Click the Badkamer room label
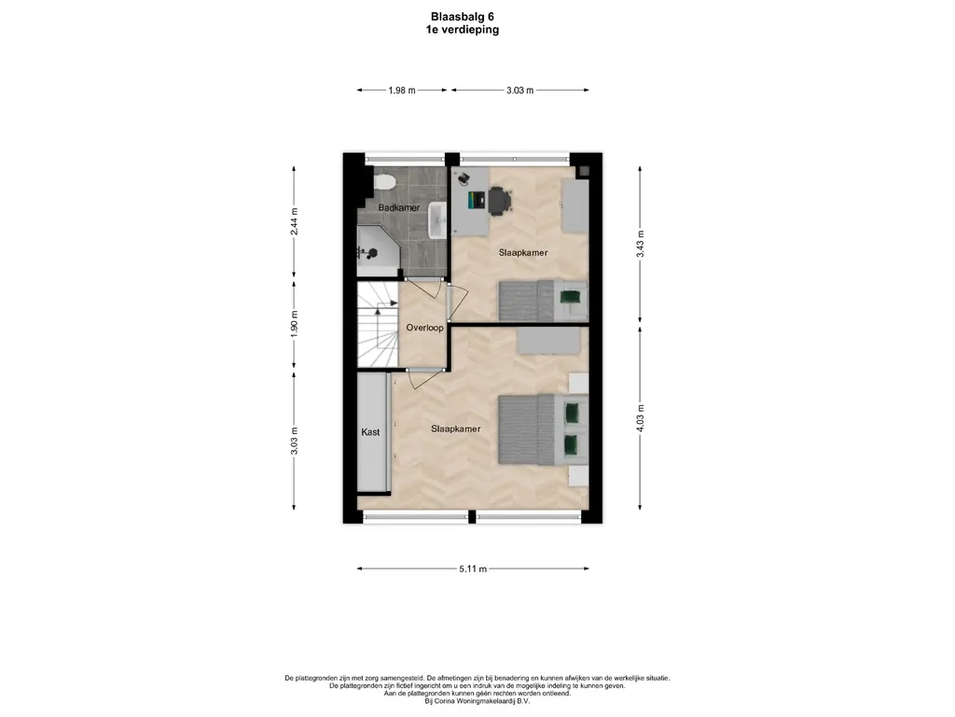point(399,207)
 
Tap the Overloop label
point(424,328)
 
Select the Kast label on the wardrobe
point(370,431)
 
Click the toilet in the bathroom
point(384,182)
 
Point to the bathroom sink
point(437,220)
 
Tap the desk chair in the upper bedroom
point(499,201)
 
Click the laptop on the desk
point(475,201)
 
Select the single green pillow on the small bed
point(571,298)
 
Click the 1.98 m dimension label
point(402,91)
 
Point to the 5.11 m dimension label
point(473,569)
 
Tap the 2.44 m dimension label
point(294,221)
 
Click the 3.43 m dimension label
point(640,244)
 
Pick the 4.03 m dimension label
point(640,418)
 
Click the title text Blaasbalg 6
point(463,17)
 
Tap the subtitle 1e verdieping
point(463,29)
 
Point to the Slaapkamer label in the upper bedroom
point(523,252)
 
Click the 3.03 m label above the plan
point(520,91)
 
